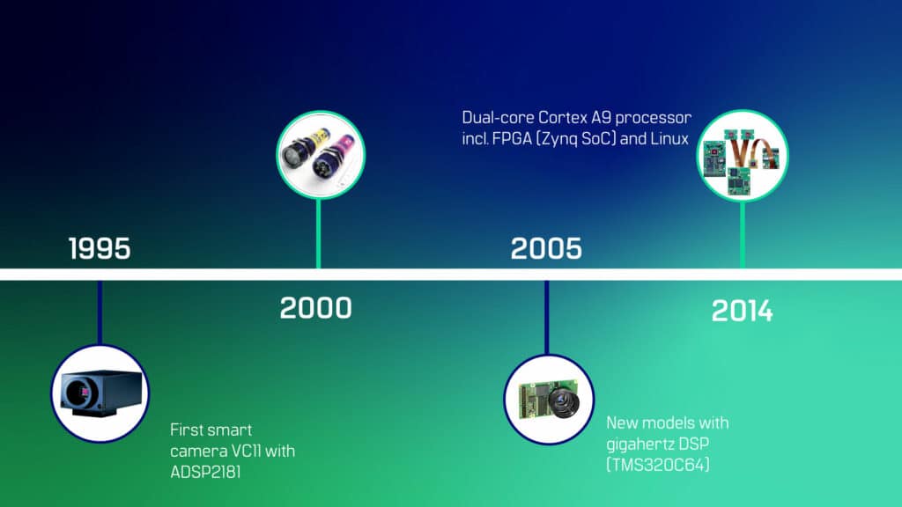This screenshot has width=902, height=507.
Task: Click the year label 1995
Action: coord(100,248)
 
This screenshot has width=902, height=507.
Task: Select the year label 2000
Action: coord(316,307)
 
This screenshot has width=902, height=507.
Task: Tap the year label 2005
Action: coord(546,248)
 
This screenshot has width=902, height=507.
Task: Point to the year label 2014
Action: coord(742,311)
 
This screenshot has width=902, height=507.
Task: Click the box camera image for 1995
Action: coord(100,393)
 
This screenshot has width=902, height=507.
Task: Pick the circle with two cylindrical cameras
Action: coord(321,155)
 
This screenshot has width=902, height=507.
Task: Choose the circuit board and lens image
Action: coord(549,400)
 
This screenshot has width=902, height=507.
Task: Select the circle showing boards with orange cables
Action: coord(742,155)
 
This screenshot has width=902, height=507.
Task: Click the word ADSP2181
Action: coord(205,472)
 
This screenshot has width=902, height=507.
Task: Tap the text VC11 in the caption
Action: coord(247,451)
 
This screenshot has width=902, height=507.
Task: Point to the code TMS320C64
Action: coord(657,465)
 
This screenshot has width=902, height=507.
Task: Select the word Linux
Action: coord(669,138)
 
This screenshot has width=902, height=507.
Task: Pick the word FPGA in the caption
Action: coord(512,138)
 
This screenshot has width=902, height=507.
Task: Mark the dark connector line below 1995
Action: coord(100,312)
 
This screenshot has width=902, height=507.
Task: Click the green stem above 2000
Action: coord(319,234)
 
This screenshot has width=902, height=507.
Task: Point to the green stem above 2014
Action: coord(742,235)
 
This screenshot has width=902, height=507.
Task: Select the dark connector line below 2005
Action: coord(546,317)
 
